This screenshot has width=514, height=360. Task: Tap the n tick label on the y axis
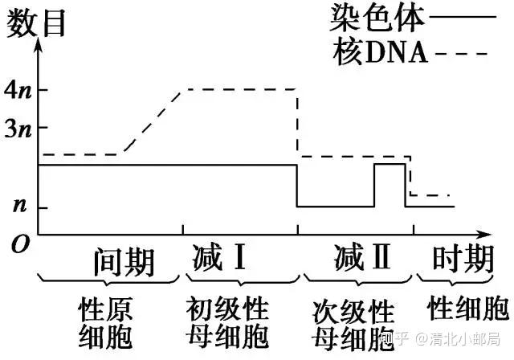pyautogui.click(x=18, y=206)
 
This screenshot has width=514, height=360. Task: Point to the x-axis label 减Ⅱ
pyautogui.click(x=361, y=259)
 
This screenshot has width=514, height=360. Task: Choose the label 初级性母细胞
pyautogui.click(x=227, y=321)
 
